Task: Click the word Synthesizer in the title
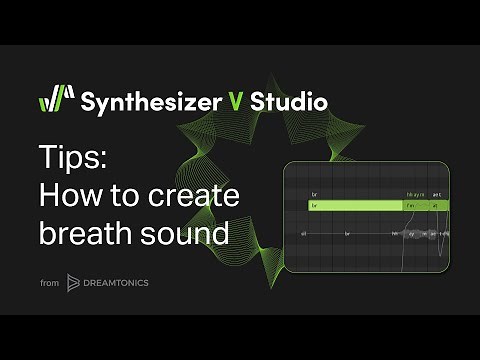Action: (153, 101)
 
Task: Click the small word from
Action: (49, 284)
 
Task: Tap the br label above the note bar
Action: (314, 193)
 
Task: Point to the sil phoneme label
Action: (303, 233)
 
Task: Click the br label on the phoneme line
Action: (347, 233)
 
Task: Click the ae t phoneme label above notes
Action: (437, 193)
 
